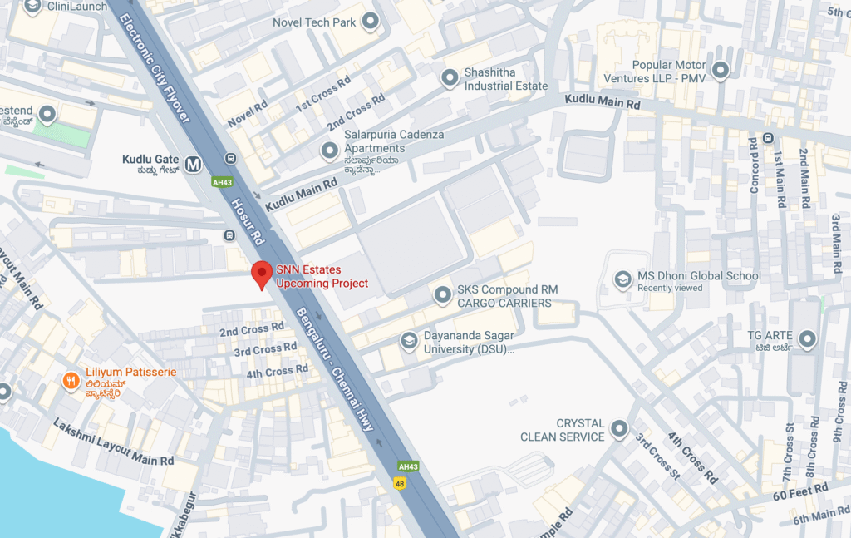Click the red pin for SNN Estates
click(x=263, y=274)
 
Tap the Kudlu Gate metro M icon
click(x=194, y=164)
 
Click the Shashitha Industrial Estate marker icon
click(x=450, y=79)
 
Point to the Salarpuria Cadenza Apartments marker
click(x=330, y=151)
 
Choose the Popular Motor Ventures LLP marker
click(x=721, y=71)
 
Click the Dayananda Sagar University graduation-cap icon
click(x=408, y=341)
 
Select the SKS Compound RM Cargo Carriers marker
click(x=442, y=295)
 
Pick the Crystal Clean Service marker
click(x=619, y=429)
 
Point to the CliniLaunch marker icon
click(x=32, y=7)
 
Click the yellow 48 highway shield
click(x=400, y=482)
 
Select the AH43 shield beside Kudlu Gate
click(x=221, y=182)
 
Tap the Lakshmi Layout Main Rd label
click(x=113, y=442)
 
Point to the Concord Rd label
click(x=755, y=165)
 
